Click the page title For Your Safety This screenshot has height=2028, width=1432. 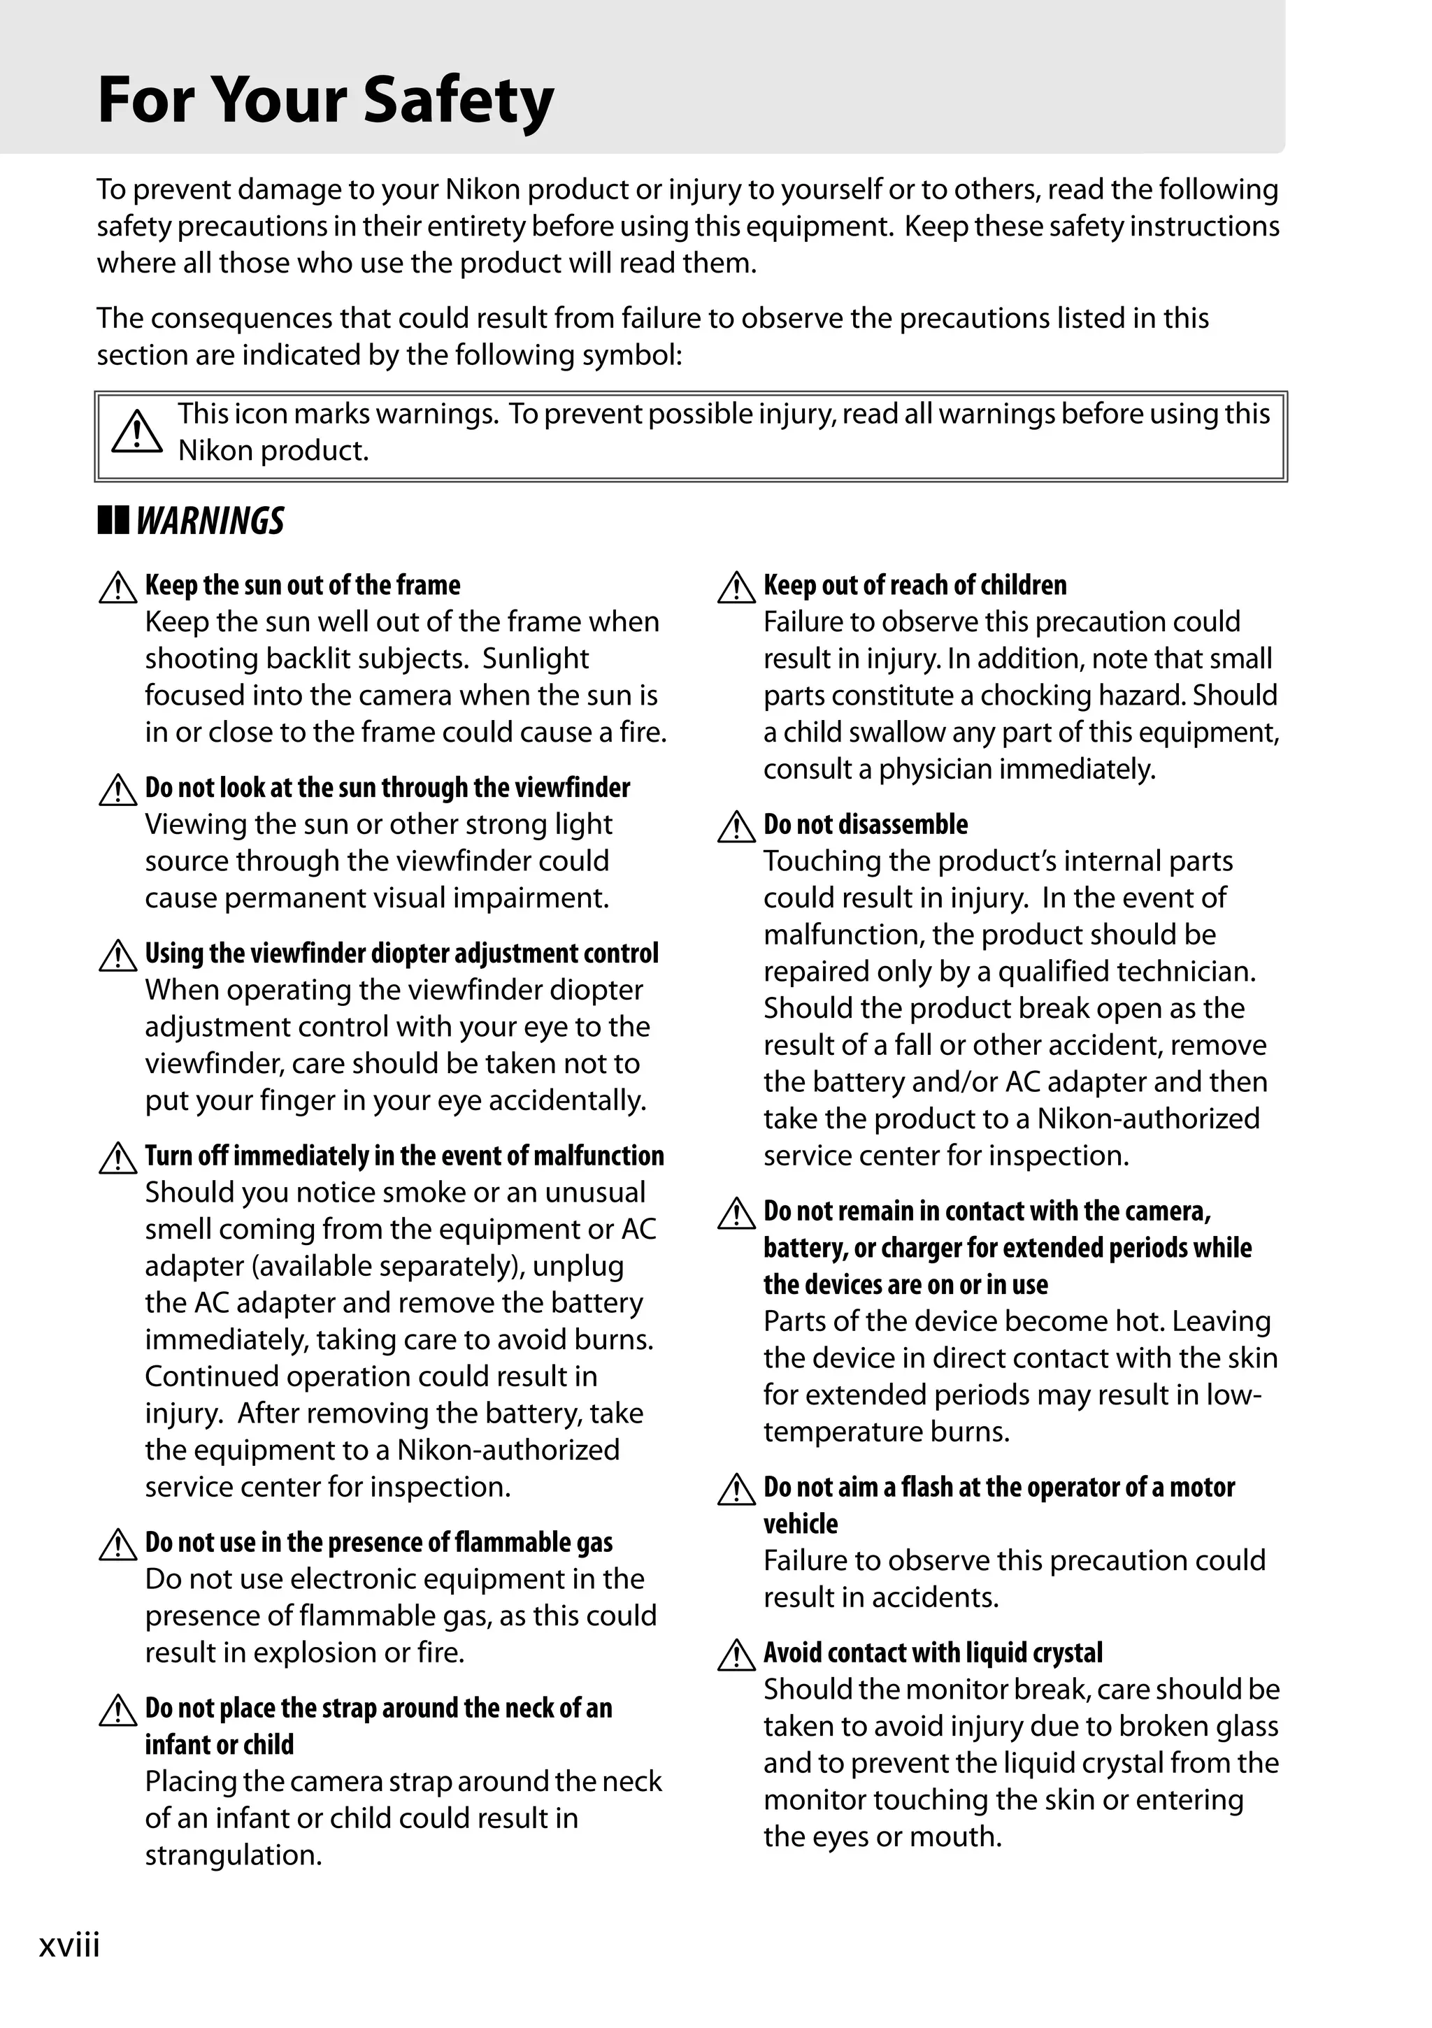point(325,101)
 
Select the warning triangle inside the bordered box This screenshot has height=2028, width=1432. point(137,433)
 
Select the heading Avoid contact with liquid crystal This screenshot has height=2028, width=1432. point(933,1653)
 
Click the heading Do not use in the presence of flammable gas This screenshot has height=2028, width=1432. point(378,1542)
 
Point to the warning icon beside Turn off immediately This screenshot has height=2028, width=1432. point(117,1158)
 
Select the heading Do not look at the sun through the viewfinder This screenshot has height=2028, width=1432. point(387,787)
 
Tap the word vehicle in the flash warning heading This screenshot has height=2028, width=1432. point(801,1524)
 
